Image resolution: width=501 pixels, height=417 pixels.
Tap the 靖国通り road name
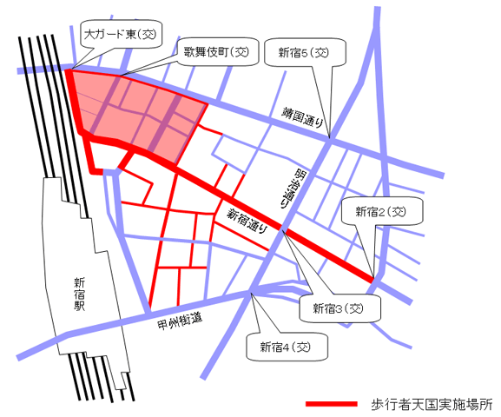point(303,117)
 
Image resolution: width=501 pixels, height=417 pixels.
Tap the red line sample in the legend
point(331,405)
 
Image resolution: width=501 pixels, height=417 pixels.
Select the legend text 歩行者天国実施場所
point(431,405)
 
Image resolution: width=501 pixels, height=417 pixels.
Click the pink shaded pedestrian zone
point(130,109)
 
